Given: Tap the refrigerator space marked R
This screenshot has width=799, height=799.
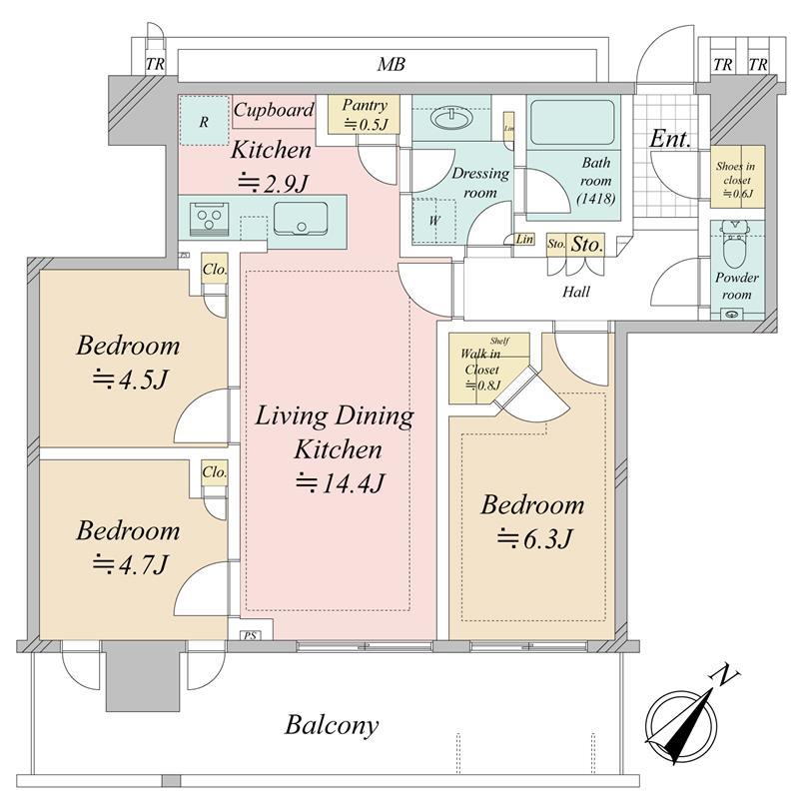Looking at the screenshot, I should (204, 123).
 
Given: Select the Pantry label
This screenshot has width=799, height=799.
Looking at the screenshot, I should (364, 105).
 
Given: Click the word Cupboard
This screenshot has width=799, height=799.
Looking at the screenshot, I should (274, 110).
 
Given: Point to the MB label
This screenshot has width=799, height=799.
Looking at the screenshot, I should (392, 66).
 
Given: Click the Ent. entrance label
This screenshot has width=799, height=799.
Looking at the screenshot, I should (670, 139).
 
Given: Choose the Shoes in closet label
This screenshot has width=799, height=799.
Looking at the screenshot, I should (738, 179).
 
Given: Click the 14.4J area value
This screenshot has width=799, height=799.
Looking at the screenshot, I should (340, 484).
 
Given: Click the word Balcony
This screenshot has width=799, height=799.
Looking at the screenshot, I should (332, 724).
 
